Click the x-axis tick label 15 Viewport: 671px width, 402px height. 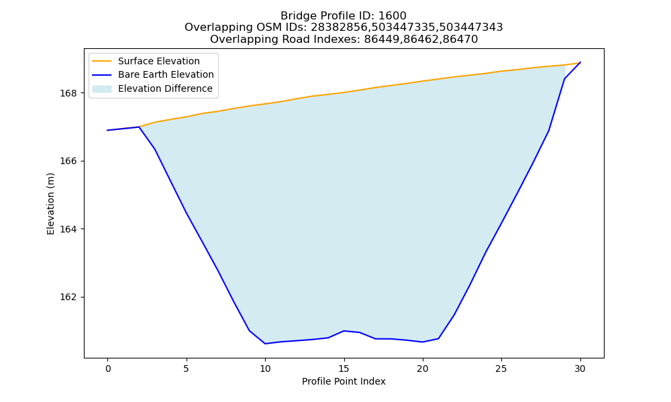point(344,368)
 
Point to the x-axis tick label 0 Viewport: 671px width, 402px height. point(108,368)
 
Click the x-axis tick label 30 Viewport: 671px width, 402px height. point(580,368)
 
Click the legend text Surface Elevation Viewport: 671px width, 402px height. point(159,61)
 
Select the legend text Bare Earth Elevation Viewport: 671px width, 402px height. point(166,74)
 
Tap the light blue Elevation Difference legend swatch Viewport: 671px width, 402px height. point(102,88)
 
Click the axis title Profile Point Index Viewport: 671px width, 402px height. point(344,381)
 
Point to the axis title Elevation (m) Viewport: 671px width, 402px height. point(50,204)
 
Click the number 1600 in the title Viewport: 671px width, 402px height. point(393,16)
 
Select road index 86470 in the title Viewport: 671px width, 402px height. point(464,40)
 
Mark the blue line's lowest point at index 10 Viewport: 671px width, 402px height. point(265,344)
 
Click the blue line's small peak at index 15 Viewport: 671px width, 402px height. point(344,331)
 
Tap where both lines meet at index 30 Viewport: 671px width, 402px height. point(580,62)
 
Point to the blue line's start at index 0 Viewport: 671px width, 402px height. point(107,130)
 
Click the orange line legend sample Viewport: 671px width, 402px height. point(102,61)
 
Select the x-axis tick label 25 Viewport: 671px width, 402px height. point(501,368)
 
